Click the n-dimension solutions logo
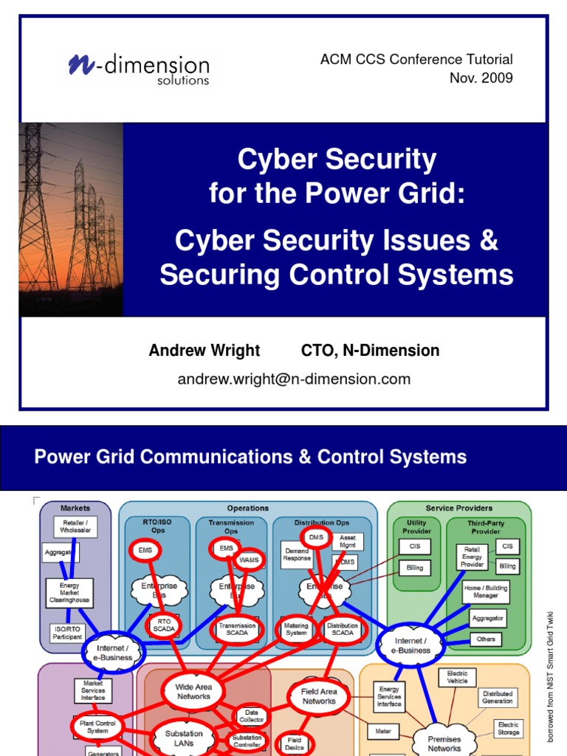click(139, 67)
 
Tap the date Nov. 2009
click(481, 78)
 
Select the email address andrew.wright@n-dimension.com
click(294, 379)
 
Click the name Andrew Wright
click(205, 351)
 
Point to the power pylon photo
click(71, 219)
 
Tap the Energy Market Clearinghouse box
click(70, 591)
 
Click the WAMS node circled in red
click(249, 560)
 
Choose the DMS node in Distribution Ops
click(316, 537)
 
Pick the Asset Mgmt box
click(348, 542)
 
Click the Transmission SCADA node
click(236, 630)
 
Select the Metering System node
click(296, 629)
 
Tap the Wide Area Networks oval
click(193, 691)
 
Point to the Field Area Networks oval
click(319, 696)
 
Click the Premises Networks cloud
click(444, 743)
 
